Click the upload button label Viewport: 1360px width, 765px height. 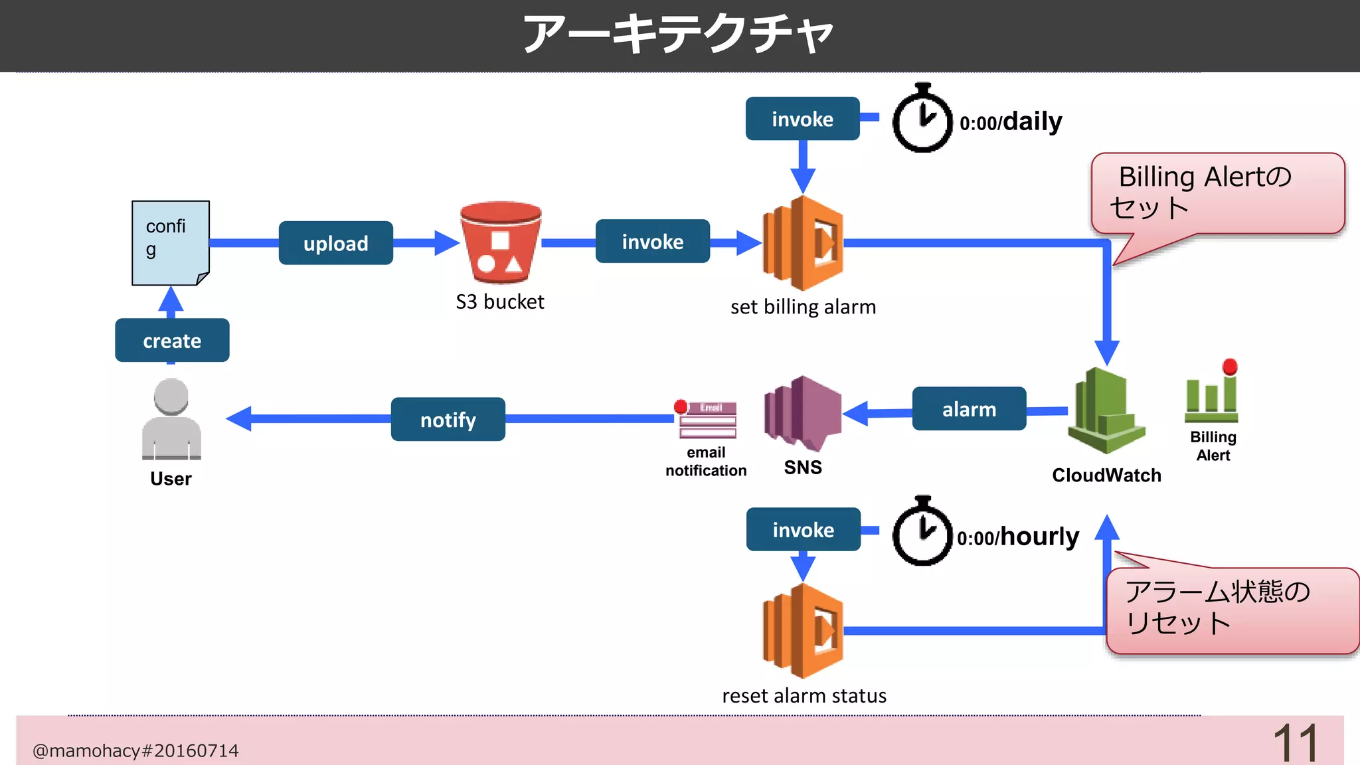click(x=335, y=243)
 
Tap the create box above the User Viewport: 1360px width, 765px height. click(x=172, y=341)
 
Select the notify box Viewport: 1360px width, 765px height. click(x=448, y=420)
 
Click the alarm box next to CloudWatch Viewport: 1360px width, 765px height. click(x=969, y=409)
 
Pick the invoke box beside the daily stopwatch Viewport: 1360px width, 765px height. click(x=802, y=119)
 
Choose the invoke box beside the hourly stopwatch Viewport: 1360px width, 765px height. click(x=803, y=530)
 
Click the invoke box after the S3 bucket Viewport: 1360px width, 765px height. click(x=652, y=242)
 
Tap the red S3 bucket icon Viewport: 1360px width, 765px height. click(x=501, y=242)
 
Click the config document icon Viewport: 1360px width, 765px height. click(x=171, y=243)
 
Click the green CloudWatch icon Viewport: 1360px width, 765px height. click(x=1106, y=412)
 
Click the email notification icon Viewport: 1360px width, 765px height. click(x=707, y=420)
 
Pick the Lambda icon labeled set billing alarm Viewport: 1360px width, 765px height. click(x=803, y=243)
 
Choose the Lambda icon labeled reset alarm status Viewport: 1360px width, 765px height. click(x=803, y=631)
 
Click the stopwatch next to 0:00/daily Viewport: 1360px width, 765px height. click(x=922, y=120)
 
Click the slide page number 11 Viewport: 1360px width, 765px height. click(x=1294, y=742)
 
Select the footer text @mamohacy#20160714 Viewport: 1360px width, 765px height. click(x=135, y=750)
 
